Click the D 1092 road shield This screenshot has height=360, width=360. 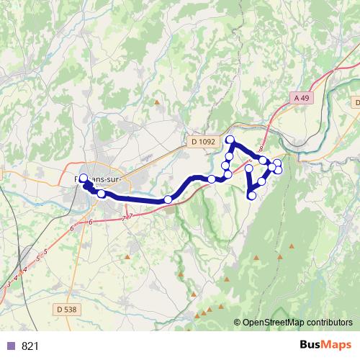(204, 143)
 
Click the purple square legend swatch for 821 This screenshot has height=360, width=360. (10, 346)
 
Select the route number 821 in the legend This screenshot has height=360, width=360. (30, 346)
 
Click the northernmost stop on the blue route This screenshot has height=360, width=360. (230, 140)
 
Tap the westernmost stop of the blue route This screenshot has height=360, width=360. (83, 179)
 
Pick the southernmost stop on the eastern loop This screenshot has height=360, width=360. (252, 195)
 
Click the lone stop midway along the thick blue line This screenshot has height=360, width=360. (168, 199)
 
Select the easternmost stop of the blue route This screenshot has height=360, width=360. (278, 170)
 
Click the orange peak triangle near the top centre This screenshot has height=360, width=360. (157, 102)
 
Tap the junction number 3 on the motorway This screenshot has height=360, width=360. (8, 287)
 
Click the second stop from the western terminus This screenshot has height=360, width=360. (102, 194)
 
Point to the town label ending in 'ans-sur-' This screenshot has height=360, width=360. (101, 177)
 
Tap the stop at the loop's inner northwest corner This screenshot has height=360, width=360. (249, 168)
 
